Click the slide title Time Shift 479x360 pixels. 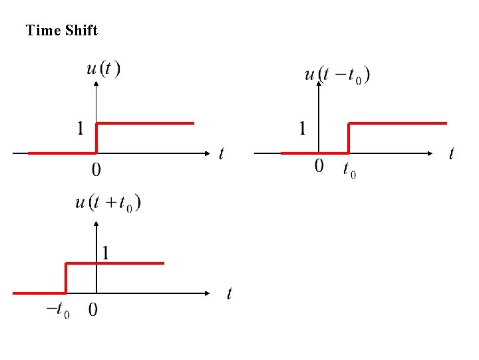coord(61,31)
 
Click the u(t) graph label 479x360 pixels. coord(104,69)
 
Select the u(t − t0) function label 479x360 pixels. coord(337,75)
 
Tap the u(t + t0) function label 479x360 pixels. coord(108,203)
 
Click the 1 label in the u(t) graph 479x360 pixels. coord(80,128)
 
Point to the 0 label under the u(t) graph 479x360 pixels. coord(96,171)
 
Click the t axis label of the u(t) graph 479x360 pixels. coord(222,154)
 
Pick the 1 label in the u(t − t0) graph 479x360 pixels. coord(303,128)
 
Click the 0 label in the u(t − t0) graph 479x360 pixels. coord(319,166)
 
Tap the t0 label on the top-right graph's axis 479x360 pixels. coord(349,171)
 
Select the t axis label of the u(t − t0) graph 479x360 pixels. coord(452,154)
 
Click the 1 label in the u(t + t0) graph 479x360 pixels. coord(106,253)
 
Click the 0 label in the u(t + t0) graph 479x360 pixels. coord(92,310)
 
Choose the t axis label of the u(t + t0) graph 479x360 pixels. coord(230,293)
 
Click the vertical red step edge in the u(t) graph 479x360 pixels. coord(97,138)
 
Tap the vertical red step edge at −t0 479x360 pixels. coord(66,278)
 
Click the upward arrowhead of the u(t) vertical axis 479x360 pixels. coord(97,84)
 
